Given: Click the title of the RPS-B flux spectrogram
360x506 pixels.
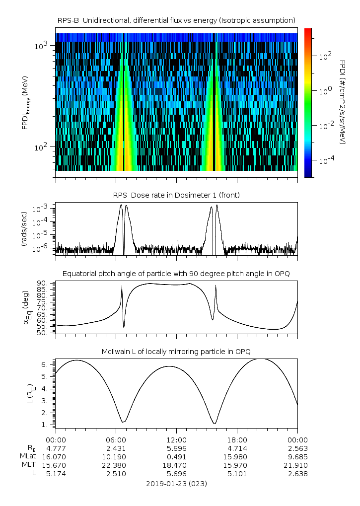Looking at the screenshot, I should click(x=176, y=20).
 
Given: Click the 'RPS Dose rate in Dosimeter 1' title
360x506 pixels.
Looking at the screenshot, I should click(x=176, y=195).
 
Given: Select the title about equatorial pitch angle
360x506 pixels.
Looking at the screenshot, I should click(x=176, y=274).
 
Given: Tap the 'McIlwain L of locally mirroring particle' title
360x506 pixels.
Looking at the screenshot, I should click(x=176, y=352).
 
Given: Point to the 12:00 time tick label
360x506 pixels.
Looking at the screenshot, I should click(x=176, y=439).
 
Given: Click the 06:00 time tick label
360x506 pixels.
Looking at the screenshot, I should click(x=116, y=439).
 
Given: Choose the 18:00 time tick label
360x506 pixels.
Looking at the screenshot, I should click(x=237, y=439).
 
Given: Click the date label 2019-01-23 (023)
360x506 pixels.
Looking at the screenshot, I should click(x=176, y=483).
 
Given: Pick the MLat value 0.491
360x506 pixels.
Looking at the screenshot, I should click(x=176, y=456).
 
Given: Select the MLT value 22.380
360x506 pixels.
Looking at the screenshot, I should click(x=116, y=465).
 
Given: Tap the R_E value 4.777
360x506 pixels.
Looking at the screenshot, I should click(x=56, y=448).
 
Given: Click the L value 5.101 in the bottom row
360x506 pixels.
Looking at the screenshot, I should click(x=237, y=474).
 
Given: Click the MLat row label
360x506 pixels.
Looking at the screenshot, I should click(x=26, y=456).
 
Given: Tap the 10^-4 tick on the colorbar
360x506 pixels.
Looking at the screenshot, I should click(x=325, y=161).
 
